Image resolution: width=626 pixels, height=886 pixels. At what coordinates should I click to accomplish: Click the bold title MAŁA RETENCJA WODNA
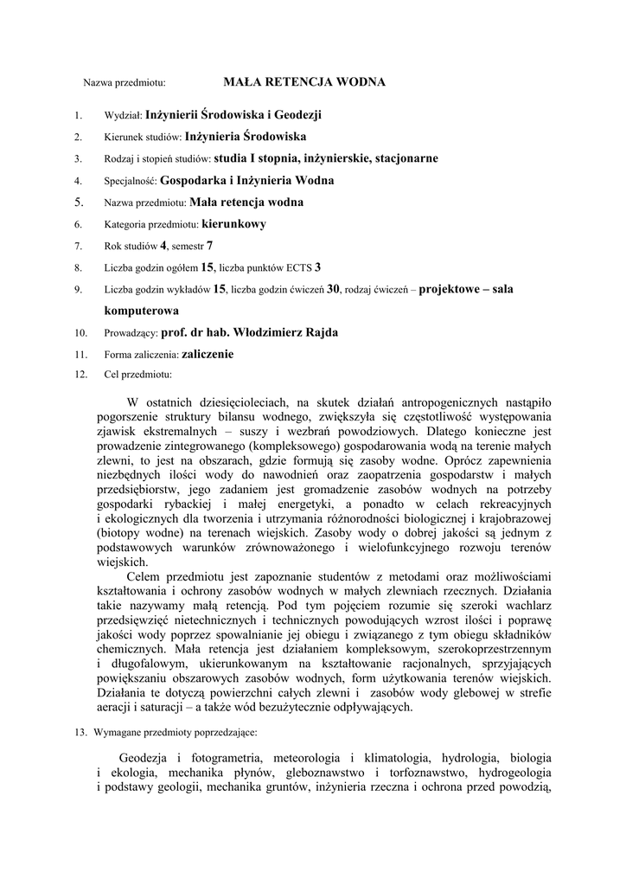click(304, 82)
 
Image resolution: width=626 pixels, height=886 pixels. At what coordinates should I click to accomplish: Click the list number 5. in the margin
click(78, 202)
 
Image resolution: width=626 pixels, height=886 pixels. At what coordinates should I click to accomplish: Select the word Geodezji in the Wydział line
click(297, 113)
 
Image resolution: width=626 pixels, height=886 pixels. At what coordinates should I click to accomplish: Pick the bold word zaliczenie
click(208, 354)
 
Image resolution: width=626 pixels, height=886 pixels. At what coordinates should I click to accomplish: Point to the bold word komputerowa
click(142, 310)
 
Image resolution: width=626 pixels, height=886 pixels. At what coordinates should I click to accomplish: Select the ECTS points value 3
click(317, 267)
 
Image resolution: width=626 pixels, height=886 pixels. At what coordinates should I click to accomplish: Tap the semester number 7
click(209, 246)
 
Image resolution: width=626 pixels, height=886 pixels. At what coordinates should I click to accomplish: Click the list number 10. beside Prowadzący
click(81, 332)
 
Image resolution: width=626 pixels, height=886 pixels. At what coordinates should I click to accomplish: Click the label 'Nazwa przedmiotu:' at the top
click(124, 83)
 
